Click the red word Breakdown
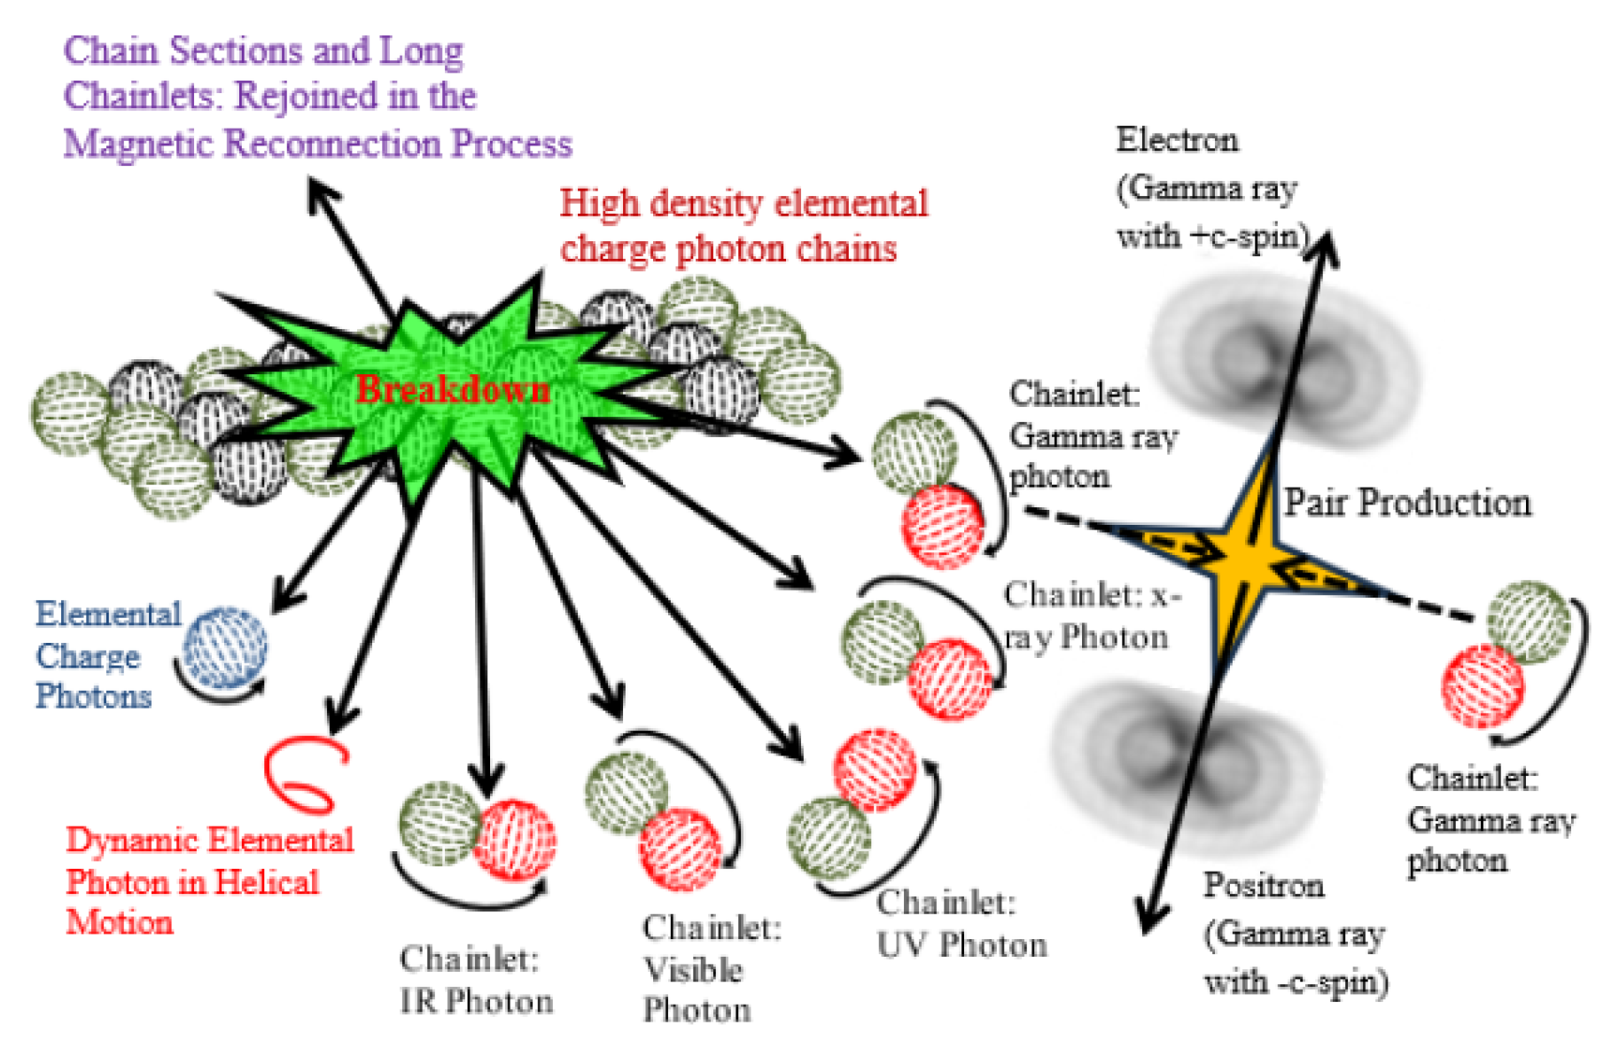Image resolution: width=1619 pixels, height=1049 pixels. (453, 389)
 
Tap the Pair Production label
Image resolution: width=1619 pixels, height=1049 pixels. (1408, 503)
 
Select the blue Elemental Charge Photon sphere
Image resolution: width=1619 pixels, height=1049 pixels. (226, 647)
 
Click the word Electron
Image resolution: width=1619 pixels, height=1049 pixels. (1177, 140)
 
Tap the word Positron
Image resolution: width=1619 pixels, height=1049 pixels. (1264, 885)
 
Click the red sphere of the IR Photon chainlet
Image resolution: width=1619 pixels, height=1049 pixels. (515, 840)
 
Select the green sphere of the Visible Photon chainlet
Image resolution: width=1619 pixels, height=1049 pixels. (627, 793)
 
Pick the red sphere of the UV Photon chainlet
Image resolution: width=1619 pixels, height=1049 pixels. (875, 770)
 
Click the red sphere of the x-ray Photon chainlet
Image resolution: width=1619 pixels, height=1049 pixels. (950, 680)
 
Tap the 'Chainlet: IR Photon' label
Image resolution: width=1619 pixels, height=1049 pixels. (477, 980)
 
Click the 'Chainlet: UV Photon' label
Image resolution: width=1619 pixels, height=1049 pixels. (961, 924)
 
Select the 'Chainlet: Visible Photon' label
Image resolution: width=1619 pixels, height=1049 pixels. (712, 969)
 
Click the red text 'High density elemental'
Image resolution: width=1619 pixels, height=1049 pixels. (744, 203)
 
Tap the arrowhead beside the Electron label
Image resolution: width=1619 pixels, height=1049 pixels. (1326, 246)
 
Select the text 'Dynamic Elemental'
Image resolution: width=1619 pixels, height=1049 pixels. (210, 840)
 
